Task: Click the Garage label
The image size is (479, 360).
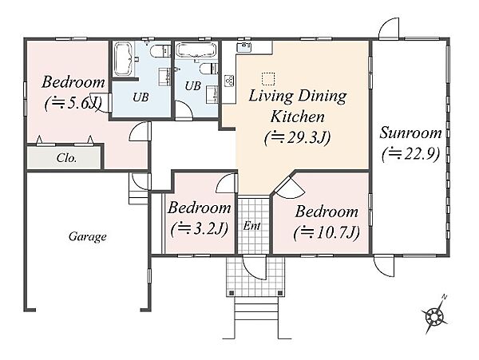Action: [x=88, y=236]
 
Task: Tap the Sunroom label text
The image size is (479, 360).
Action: [x=410, y=133]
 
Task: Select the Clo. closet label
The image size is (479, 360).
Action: [x=66, y=158]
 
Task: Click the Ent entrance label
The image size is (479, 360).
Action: [x=252, y=226]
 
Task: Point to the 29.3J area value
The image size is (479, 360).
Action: [x=298, y=138]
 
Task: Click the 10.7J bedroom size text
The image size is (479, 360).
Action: [x=327, y=233]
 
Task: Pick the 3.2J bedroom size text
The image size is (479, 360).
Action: [x=200, y=229]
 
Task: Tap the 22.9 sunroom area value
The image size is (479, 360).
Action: [x=411, y=153]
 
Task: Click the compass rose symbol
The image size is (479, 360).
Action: [x=434, y=315]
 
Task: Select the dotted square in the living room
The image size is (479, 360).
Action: [x=268, y=79]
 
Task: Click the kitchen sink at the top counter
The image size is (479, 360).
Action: [x=243, y=47]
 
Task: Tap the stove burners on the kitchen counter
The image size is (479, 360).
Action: [x=229, y=81]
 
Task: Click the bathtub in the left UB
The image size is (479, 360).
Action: [x=123, y=59]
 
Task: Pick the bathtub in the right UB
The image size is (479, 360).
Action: [x=196, y=50]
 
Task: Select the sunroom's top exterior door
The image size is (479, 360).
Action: [x=390, y=29]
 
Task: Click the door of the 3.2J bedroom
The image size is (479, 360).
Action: [x=227, y=184]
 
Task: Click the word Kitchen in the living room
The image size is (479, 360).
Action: [x=298, y=117]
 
